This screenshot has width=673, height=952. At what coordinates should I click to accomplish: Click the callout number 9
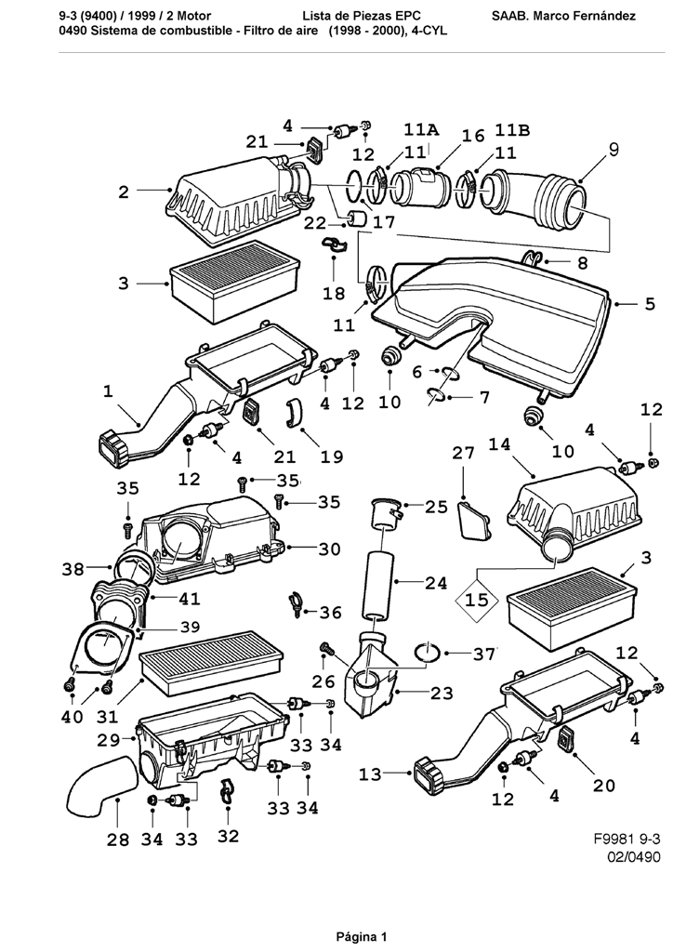(x=613, y=149)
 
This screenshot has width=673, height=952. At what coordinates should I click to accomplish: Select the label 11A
(x=421, y=129)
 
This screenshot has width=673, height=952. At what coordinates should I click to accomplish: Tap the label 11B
(x=512, y=129)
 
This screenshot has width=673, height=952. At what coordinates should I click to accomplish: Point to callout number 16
(x=473, y=136)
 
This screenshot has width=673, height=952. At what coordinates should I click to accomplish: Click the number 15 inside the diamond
(x=477, y=601)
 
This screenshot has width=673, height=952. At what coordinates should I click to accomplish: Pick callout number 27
(x=463, y=453)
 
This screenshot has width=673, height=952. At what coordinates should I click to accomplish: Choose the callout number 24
(x=437, y=584)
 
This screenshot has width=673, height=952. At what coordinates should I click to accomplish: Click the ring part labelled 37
(x=427, y=652)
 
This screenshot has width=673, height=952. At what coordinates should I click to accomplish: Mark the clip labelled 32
(x=226, y=794)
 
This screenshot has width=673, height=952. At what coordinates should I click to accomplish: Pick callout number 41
(x=189, y=600)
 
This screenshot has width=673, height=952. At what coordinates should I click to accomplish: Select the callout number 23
(x=441, y=693)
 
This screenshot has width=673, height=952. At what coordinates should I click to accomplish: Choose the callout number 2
(x=124, y=192)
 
